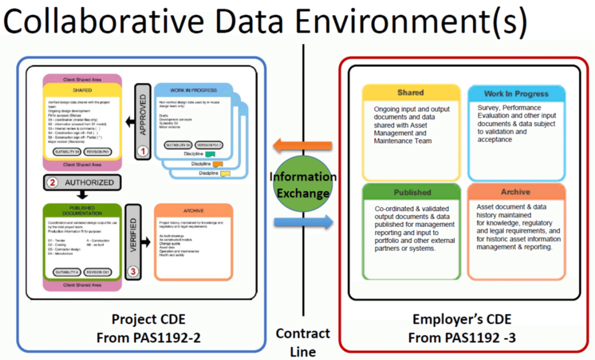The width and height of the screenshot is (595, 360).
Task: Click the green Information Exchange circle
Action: [303, 185]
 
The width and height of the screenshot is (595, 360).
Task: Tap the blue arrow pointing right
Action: [303, 222]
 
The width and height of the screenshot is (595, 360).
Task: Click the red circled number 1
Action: [143, 151]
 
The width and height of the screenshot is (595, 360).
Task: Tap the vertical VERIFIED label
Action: [133, 239]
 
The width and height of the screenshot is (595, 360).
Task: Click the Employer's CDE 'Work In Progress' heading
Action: [515, 94]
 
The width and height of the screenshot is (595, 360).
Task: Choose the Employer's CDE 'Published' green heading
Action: [412, 193]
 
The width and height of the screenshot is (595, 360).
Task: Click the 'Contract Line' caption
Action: [303, 342]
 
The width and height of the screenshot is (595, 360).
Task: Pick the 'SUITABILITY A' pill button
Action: [66, 272]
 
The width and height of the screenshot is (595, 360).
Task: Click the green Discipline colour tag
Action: [209, 154]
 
